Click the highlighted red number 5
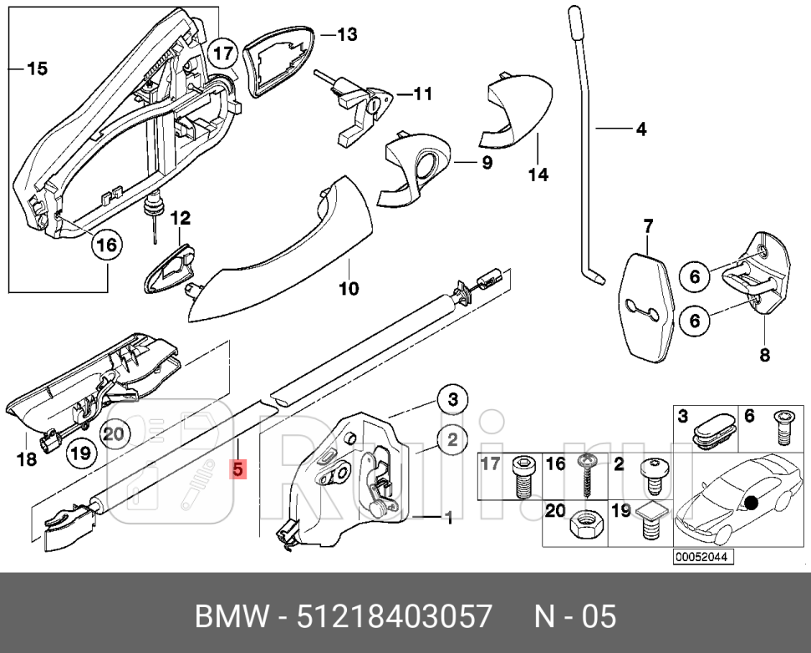[238, 470]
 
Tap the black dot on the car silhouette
[752, 503]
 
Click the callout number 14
[538, 175]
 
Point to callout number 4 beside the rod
[640, 129]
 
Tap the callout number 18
[27, 458]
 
